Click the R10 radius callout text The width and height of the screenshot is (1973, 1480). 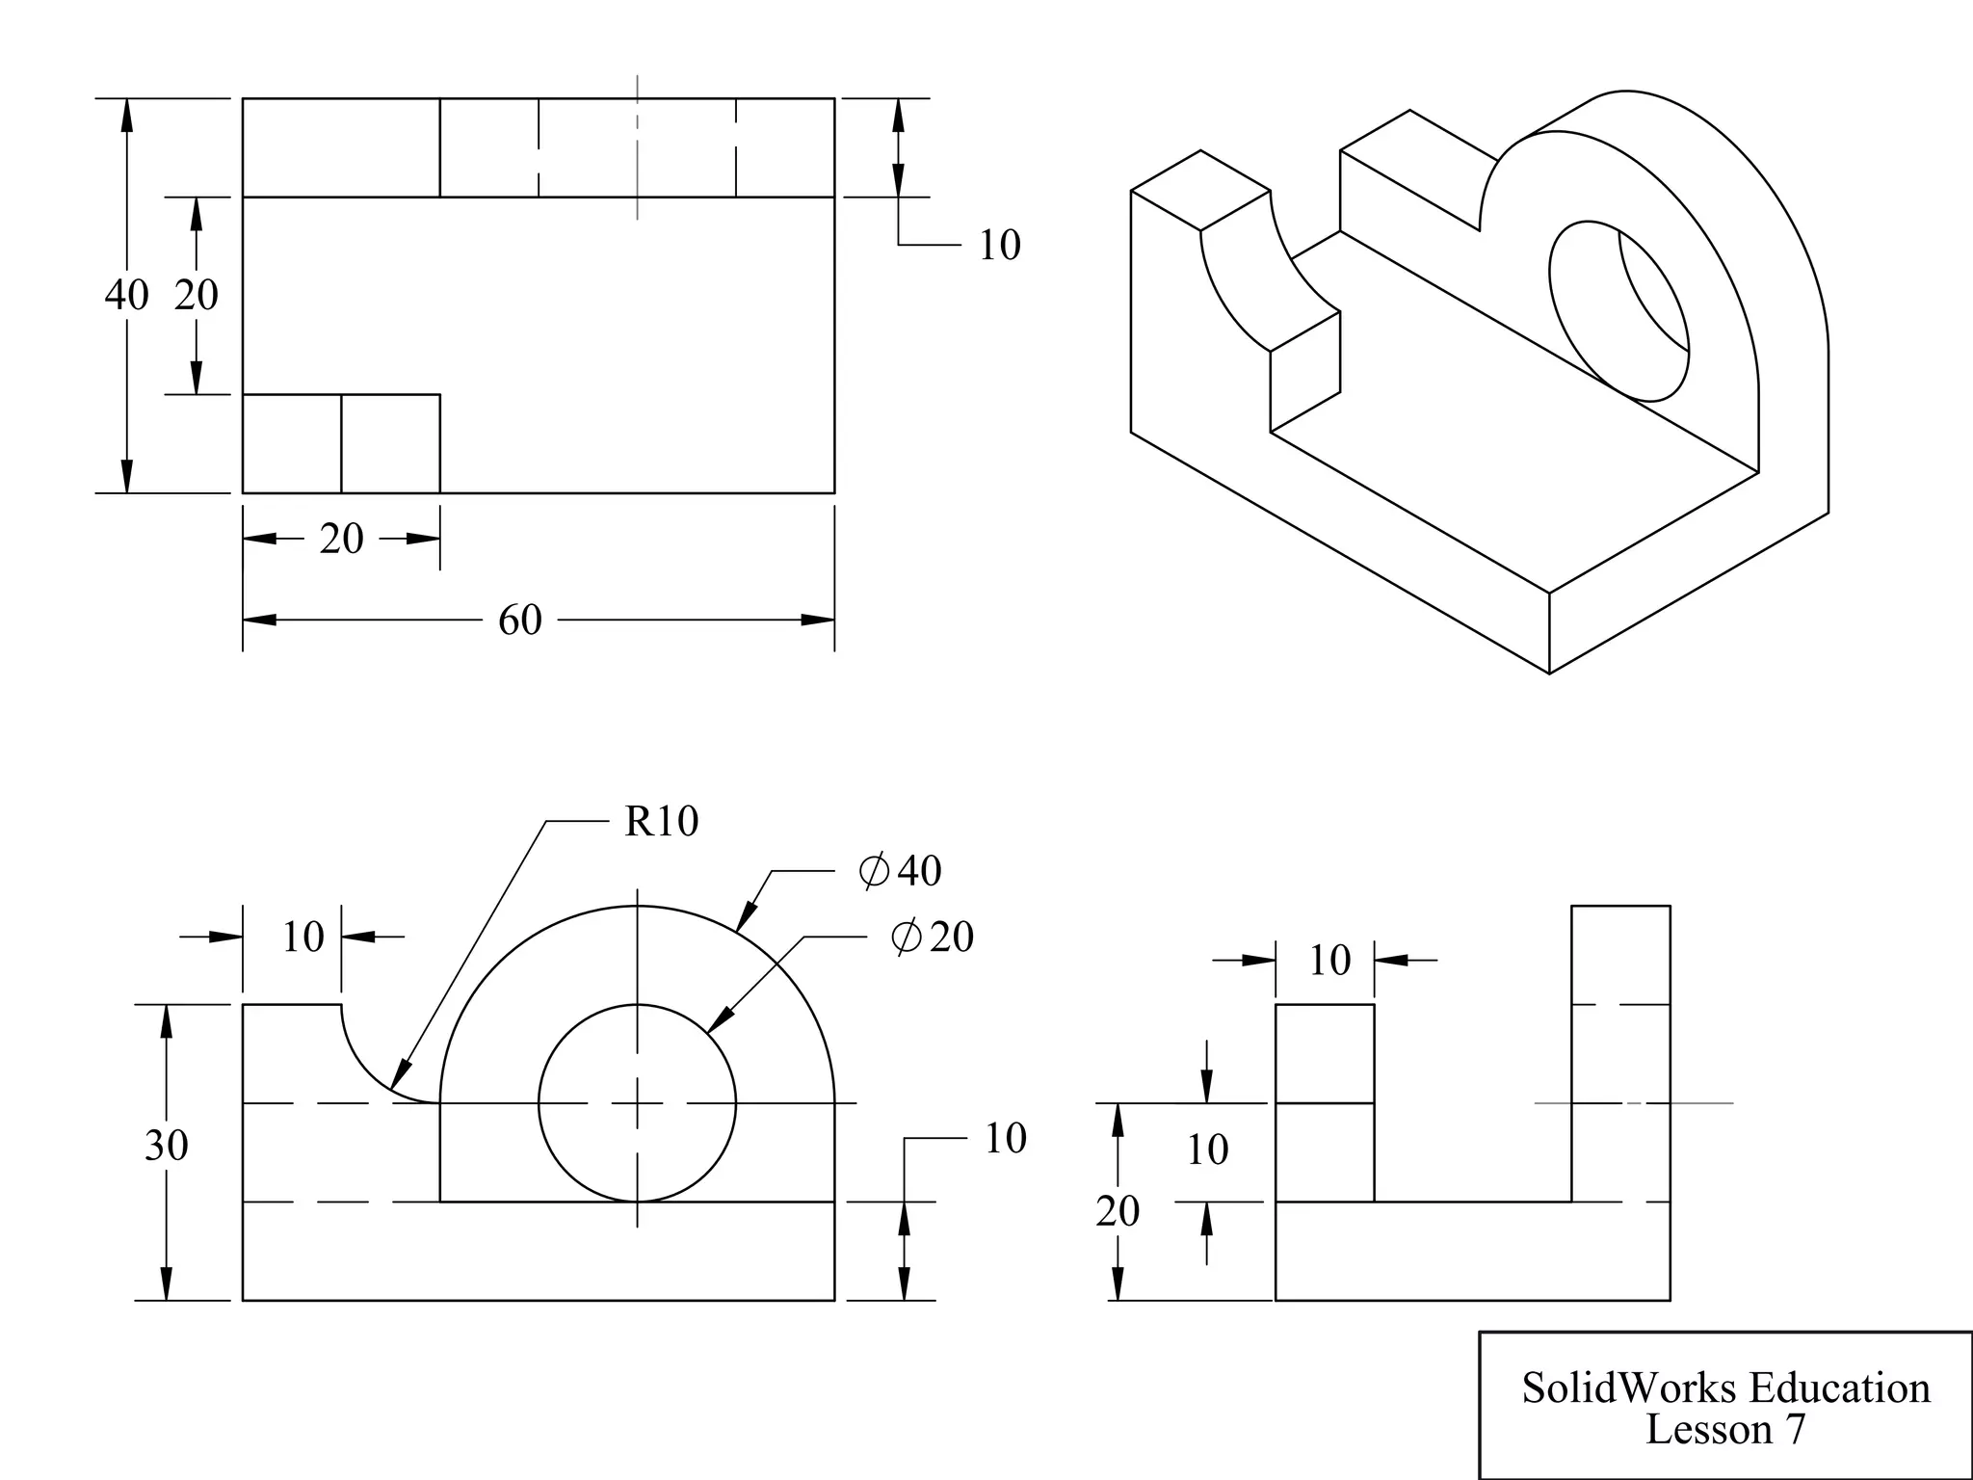661,822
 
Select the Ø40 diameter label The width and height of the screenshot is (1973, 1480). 900,871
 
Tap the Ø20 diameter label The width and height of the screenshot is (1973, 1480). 933,937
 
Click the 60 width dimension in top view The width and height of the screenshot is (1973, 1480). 520,621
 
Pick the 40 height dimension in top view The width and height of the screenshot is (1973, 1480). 126,295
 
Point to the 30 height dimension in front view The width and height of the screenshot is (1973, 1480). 166,1146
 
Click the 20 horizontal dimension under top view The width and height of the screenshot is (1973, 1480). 341,539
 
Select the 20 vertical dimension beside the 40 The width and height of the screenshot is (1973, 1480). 197,295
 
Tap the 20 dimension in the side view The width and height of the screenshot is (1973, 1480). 1118,1211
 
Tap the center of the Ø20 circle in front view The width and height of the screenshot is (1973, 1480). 637,1103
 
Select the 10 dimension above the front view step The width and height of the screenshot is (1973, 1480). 303,937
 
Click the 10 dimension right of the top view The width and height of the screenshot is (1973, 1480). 999,246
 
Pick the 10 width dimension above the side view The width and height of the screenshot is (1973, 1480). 1329,961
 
